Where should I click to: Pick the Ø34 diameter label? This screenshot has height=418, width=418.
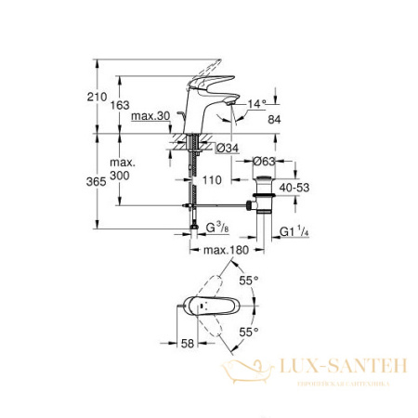[x=228, y=148]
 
